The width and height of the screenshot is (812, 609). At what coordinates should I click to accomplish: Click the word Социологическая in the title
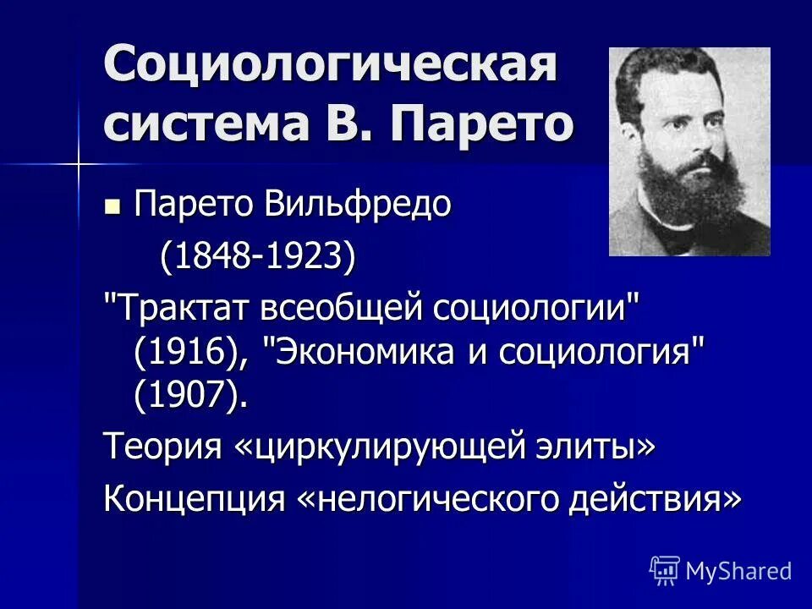[x=330, y=66]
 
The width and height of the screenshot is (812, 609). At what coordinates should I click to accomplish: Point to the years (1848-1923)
[x=258, y=256]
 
